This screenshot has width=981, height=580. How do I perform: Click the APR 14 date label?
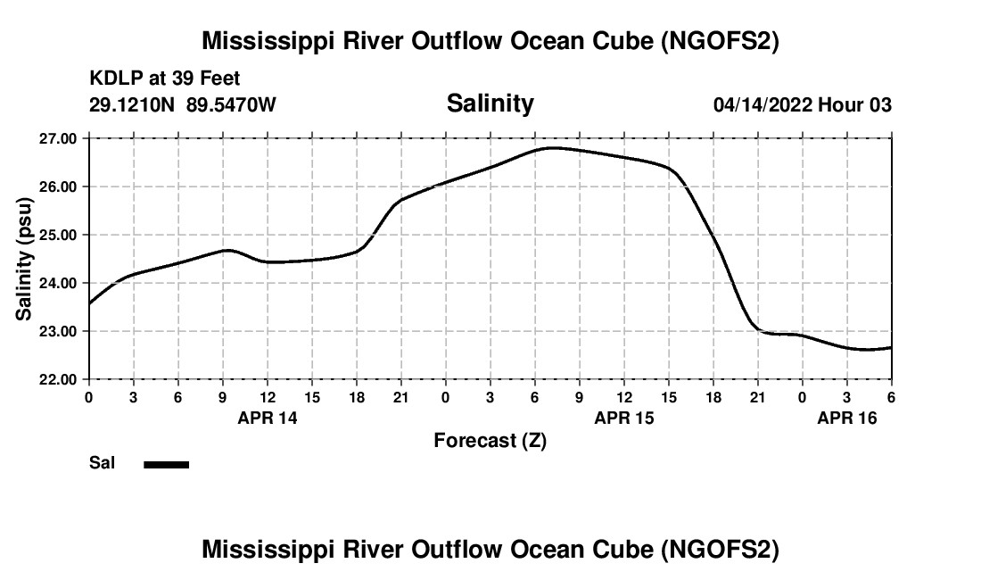click(x=268, y=418)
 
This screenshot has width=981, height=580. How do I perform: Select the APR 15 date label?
click(x=624, y=418)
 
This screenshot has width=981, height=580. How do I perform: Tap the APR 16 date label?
click(x=847, y=418)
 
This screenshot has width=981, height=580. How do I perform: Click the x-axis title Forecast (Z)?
click(x=490, y=440)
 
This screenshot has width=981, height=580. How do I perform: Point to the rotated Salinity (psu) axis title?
click(x=25, y=259)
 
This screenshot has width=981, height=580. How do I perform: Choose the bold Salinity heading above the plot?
click(x=490, y=104)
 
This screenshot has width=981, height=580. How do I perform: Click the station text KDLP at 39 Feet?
click(x=165, y=79)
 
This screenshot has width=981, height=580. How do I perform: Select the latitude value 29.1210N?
click(x=133, y=105)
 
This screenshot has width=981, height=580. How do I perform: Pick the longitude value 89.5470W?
click(x=231, y=105)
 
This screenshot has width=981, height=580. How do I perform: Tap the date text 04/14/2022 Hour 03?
click(x=802, y=105)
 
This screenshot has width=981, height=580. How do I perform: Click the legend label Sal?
click(x=101, y=463)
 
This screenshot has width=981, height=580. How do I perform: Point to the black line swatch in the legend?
click(x=166, y=464)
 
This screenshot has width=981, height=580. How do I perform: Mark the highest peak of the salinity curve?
click(x=554, y=147)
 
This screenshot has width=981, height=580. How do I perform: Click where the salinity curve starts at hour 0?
click(x=89, y=303)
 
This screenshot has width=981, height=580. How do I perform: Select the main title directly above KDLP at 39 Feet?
click(x=490, y=41)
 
